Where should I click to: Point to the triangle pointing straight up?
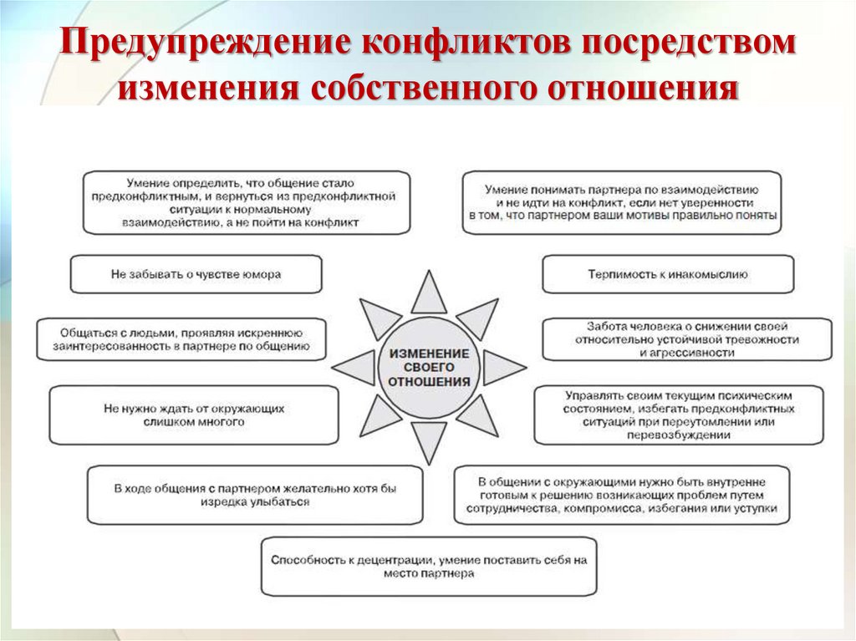[x=430, y=294]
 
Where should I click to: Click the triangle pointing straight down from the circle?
[x=430, y=442]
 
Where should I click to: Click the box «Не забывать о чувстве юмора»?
[x=196, y=274]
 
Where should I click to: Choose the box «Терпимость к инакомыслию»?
[x=668, y=274]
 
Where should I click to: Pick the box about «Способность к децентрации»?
[x=430, y=567]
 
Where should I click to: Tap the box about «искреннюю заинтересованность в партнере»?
[x=181, y=338]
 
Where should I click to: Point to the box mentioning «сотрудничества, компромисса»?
[x=621, y=495]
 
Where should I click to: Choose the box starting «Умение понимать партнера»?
[x=621, y=202]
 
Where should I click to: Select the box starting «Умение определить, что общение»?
[x=246, y=202]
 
